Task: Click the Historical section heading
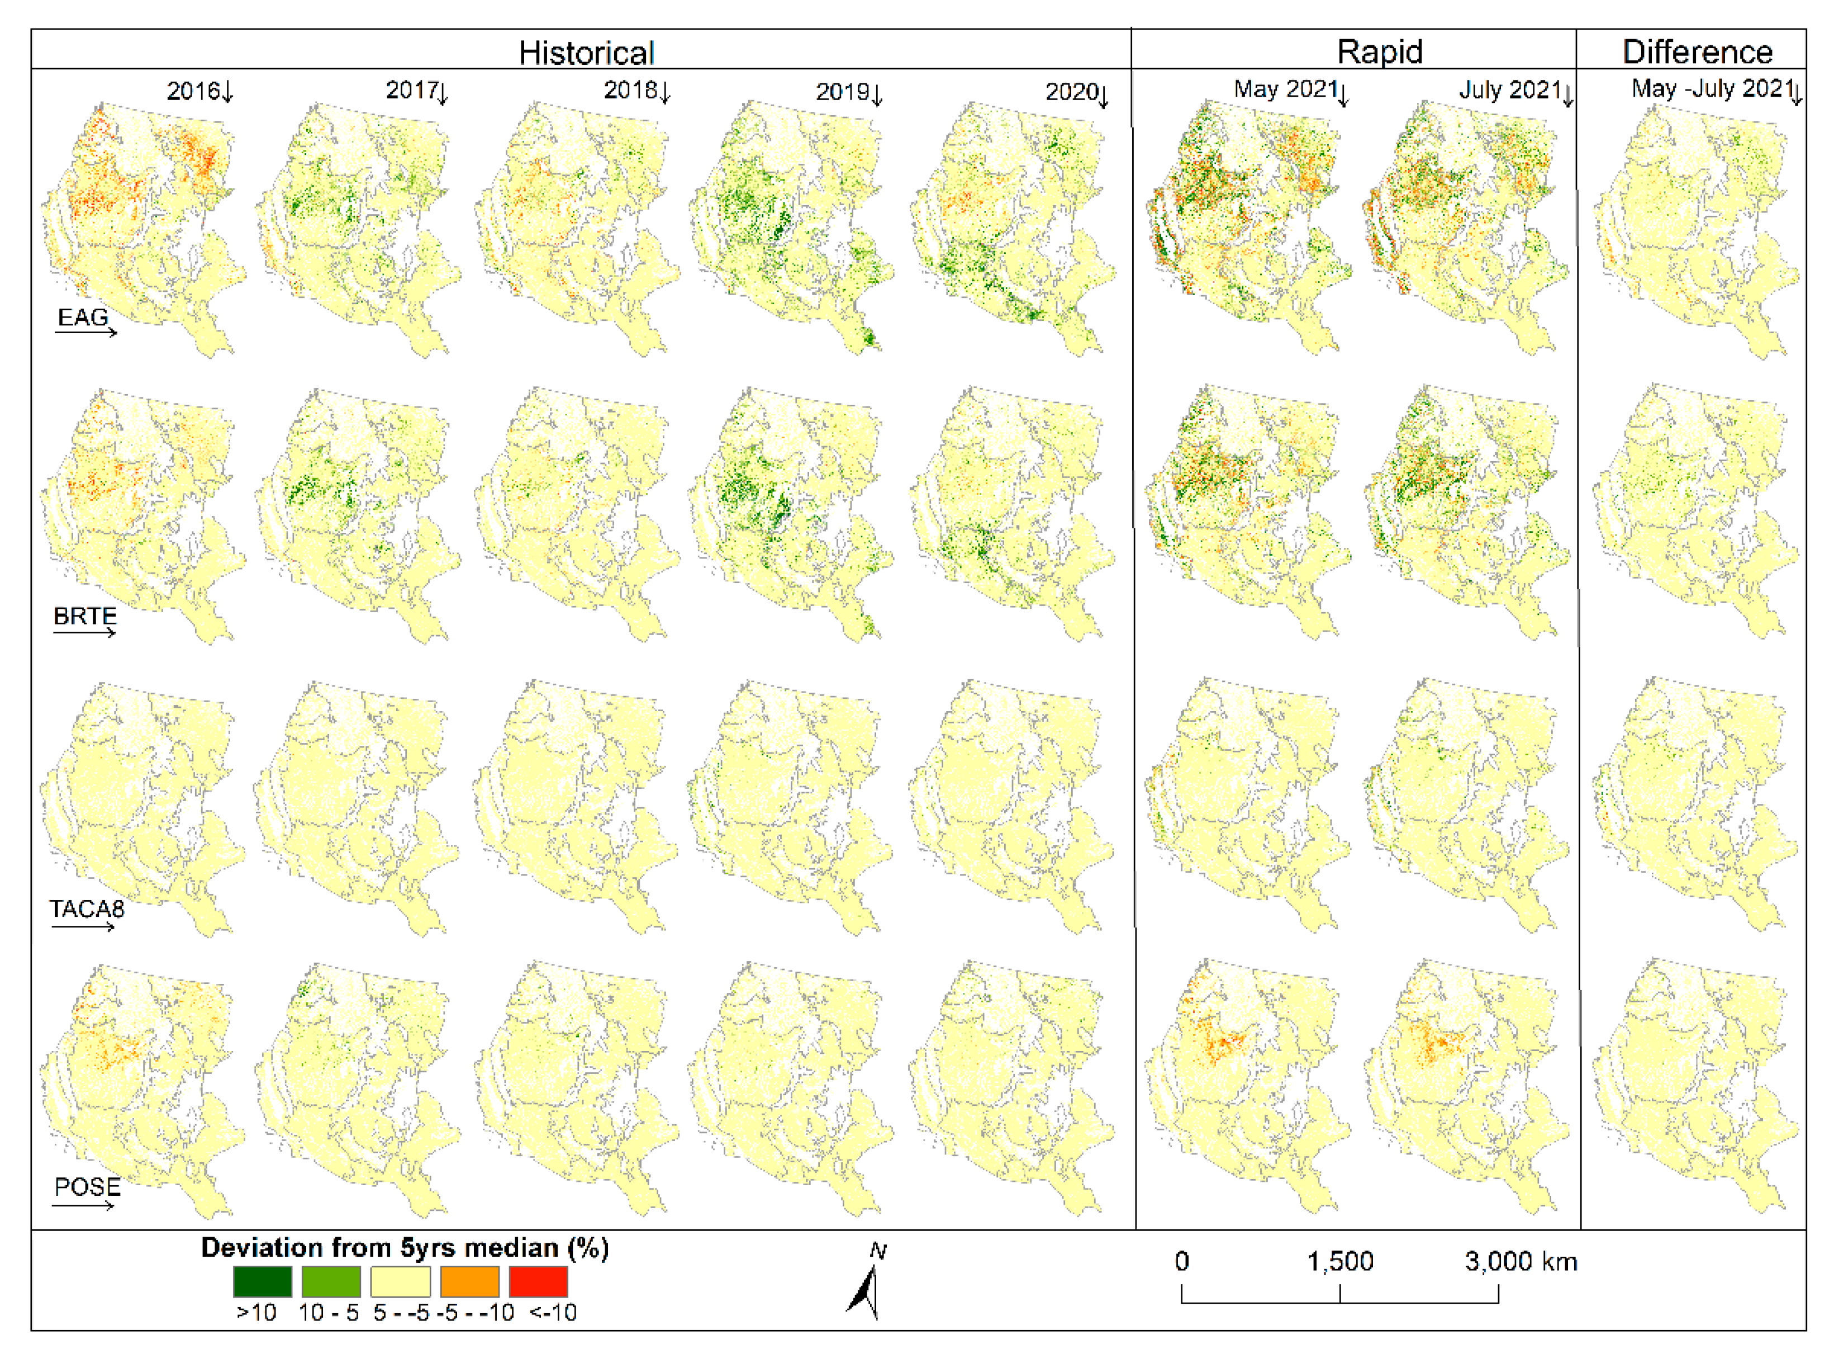tap(587, 53)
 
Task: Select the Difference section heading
tap(1697, 51)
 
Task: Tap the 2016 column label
tap(193, 91)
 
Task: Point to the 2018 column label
tap(631, 90)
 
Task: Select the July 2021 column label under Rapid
tap(1510, 89)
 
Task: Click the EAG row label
tap(83, 317)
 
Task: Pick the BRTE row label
tap(84, 617)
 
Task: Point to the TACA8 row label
tap(87, 909)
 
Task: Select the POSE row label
tap(87, 1187)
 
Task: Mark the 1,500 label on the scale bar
tap(1340, 1261)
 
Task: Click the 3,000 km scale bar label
tap(1521, 1261)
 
